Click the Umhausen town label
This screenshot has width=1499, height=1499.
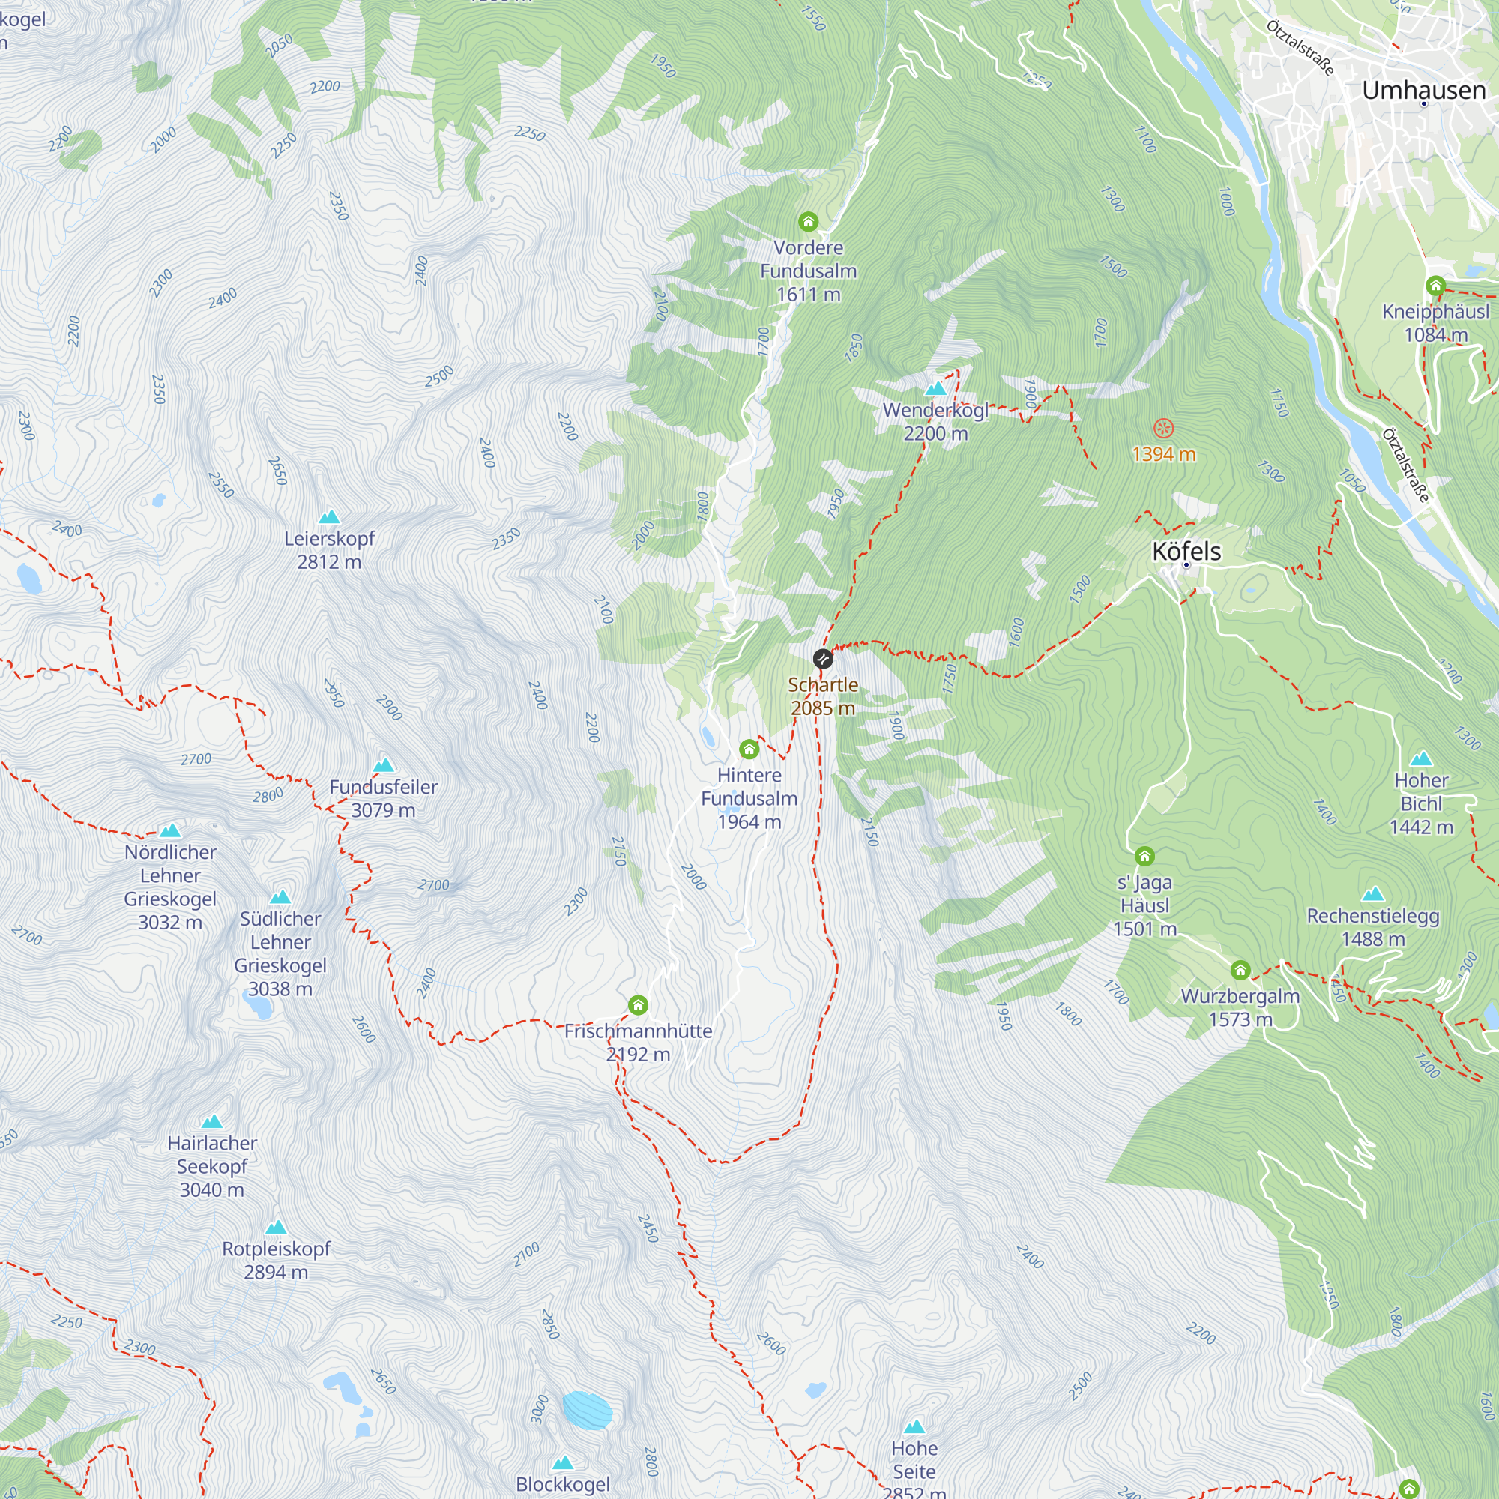[x=1423, y=90]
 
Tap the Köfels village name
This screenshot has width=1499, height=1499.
[x=1186, y=552]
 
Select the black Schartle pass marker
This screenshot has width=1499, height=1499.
[x=822, y=660]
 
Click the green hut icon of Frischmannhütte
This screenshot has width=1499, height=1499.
[x=638, y=1006]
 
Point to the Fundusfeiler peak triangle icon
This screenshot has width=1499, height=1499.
[x=383, y=766]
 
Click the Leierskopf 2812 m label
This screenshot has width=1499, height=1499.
[x=329, y=549]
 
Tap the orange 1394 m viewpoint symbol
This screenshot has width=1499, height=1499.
[x=1163, y=428]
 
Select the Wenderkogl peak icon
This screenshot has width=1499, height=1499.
[x=935, y=388]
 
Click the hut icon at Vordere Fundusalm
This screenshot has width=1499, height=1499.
[x=808, y=222]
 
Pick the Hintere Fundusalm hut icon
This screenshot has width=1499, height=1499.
[x=749, y=749]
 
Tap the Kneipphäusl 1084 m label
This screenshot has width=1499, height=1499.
[x=1435, y=323]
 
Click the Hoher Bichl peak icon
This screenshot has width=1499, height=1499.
[x=1420, y=758]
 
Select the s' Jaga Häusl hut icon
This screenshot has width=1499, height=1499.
[x=1144, y=857]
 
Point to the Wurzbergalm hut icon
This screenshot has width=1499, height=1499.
[x=1240, y=971]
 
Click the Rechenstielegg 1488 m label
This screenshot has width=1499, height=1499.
[x=1372, y=926]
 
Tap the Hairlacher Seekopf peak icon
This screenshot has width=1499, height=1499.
[x=212, y=1121]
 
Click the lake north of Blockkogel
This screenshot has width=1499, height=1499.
[x=588, y=1410]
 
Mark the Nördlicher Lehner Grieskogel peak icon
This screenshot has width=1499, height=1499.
[x=170, y=831]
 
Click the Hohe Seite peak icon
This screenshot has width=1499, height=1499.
[x=914, y=1426]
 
